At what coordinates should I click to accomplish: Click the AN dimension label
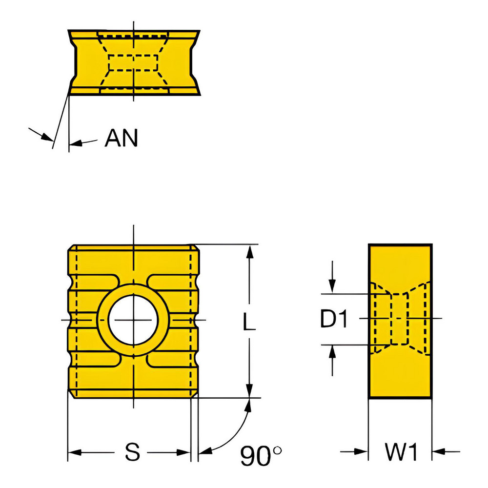tap(122, 139)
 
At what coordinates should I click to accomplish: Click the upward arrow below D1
tap(332, 351)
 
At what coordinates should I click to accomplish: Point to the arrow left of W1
tap(361, 452)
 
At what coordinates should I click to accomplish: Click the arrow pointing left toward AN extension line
tap(76, 143)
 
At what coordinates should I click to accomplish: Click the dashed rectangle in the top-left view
tap(133, 63)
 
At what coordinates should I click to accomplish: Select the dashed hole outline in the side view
tap(400, 319)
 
